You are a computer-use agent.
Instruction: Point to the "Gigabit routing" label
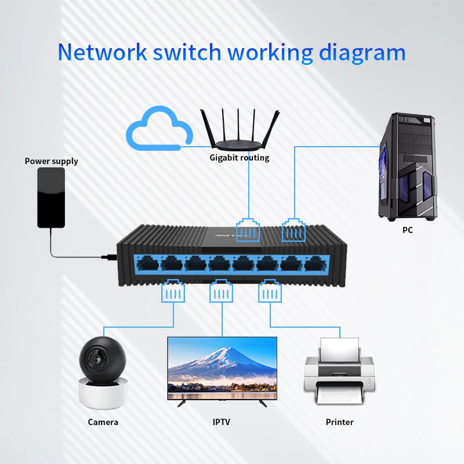click(240, 158)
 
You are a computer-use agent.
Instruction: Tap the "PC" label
click(408, 230)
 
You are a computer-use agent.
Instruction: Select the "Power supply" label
click(51, 161)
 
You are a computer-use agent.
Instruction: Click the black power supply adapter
click(52, 197)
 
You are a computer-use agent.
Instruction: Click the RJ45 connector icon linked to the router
click(248, 230)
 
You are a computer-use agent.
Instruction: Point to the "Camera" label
click(103, 422)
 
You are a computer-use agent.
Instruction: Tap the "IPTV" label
click(220, 422)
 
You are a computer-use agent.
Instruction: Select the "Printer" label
click(339, 422)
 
